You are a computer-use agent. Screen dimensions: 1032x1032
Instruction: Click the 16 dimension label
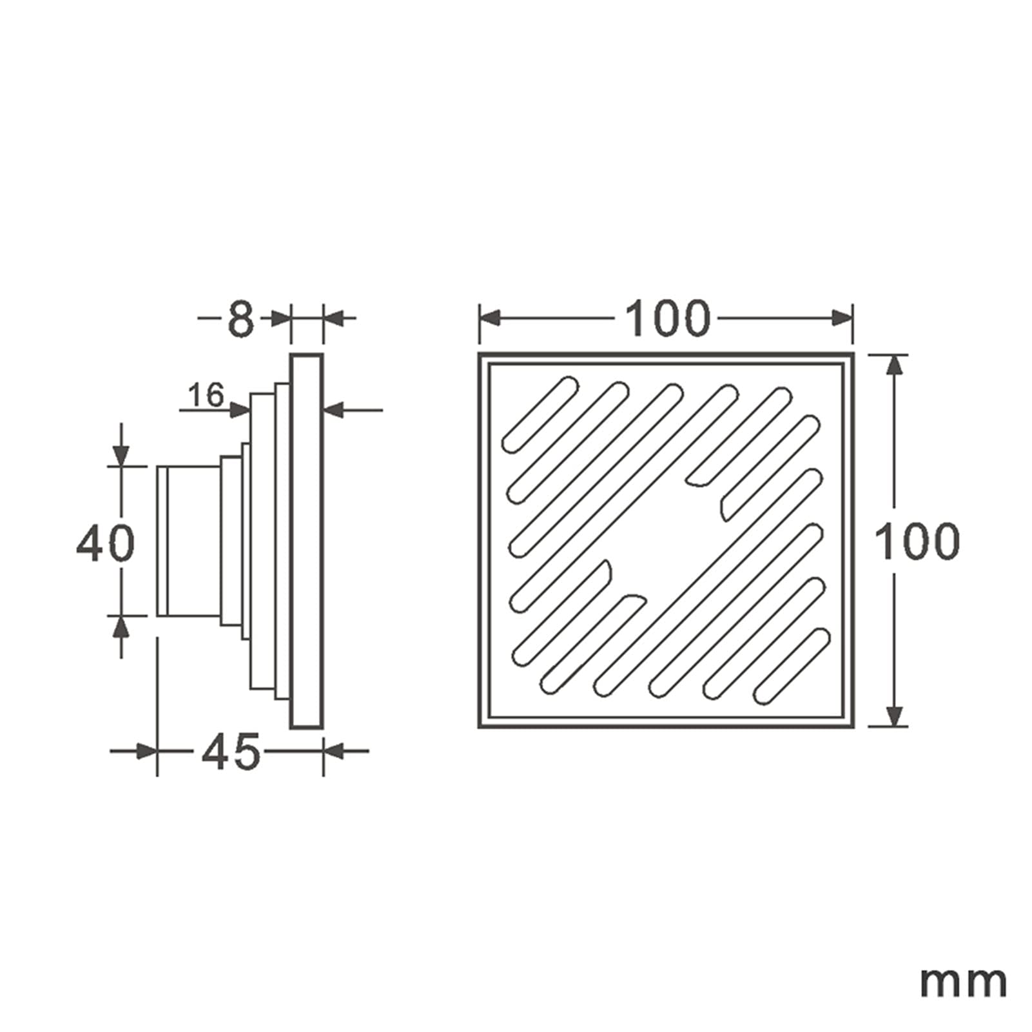pyautogui.click(x=206, y=394)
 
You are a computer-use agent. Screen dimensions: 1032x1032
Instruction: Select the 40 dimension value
pyautogui.click(x=106, y=543)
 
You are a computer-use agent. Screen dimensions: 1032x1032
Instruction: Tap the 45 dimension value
pyautogui.click(x=230, y=752)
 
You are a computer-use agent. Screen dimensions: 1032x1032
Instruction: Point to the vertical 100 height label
pyautogui.click(x=918, y=541)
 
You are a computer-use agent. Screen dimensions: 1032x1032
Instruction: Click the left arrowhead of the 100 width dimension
pyautogui.click(x=490, y=318)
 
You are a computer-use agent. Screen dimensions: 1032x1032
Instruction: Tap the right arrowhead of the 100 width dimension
pyautogui.click(x=842, y=318)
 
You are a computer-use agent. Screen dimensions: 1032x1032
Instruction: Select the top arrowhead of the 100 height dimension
pyautogui.click(x=893, y=365)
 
